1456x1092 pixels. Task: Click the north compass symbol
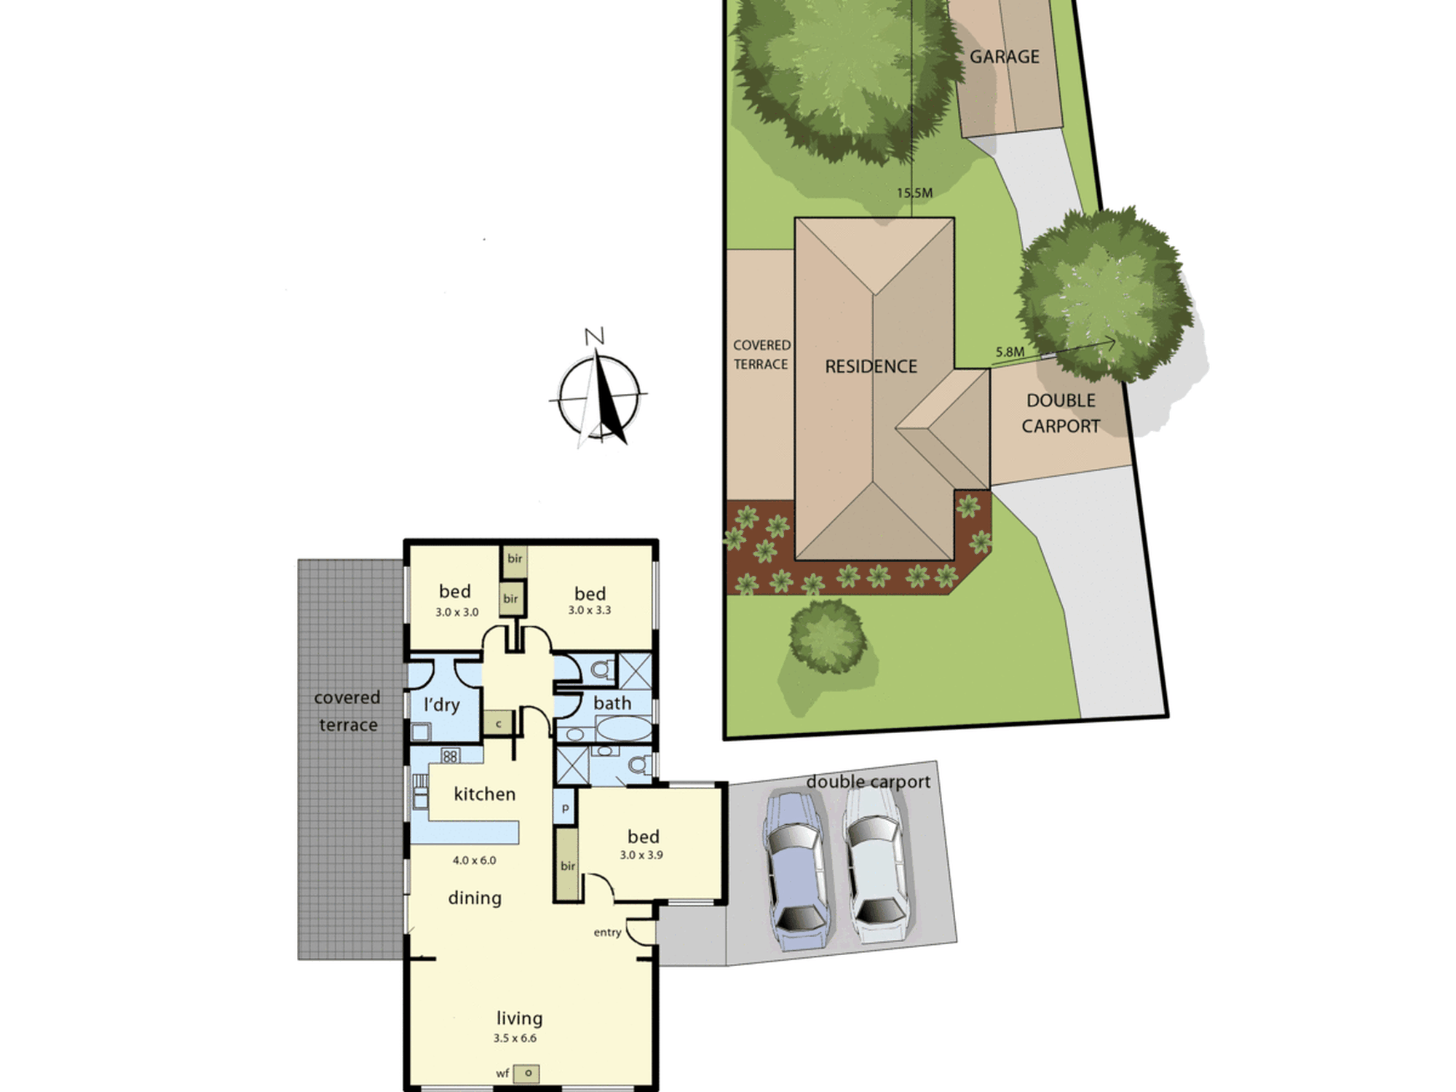coord(598,393)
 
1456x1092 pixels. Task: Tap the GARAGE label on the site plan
coord(1005,57)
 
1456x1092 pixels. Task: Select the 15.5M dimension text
coord(914,193)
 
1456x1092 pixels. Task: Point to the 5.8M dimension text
coord(1010,352)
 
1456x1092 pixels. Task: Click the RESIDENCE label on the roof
coord(871,366)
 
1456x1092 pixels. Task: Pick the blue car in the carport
coord(796,871)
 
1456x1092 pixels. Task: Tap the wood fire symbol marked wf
coord(526,1073)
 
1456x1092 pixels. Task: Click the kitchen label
coord(484,794)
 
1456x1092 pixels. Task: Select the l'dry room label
coord(441,705)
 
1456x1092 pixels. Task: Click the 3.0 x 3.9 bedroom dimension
coord(641,855)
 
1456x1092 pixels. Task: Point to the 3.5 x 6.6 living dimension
coord(515,1038)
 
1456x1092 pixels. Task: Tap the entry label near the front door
coord(607,933)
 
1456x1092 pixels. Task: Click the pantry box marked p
coord(565,808)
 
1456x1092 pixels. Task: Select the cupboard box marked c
coord(499,724)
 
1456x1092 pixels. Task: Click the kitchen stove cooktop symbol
coord(450,756)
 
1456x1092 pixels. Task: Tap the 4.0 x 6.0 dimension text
coord(474,860)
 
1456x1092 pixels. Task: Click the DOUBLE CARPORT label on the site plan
coord(1061,413)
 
